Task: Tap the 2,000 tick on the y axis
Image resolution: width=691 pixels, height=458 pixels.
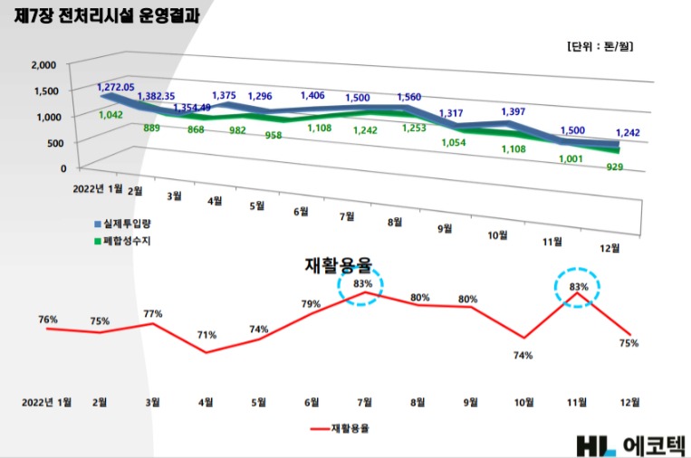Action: point(43,65)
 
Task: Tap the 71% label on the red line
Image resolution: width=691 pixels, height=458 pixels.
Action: point(206,335)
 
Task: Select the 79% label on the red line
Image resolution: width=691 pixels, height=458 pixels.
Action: point(311,303)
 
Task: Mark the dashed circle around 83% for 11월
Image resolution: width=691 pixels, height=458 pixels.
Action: point(578,287)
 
